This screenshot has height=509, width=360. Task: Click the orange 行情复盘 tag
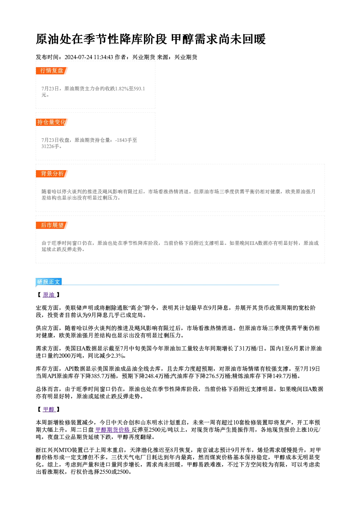point(52,71)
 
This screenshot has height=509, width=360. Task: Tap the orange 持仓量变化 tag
point(52,122)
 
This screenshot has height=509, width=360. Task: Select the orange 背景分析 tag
point(52,174)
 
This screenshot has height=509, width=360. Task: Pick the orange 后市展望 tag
point(52,225)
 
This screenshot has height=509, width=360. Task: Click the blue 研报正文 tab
point(49,282)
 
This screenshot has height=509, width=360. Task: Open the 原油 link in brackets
point(49,295)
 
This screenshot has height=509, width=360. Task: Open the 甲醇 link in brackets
point(49,410)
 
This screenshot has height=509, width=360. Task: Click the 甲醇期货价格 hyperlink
point(113,430)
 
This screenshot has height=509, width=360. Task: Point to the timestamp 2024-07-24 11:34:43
point(89,57)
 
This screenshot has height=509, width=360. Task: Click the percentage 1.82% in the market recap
point(122,89)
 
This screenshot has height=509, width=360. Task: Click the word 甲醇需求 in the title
point(195,39)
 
